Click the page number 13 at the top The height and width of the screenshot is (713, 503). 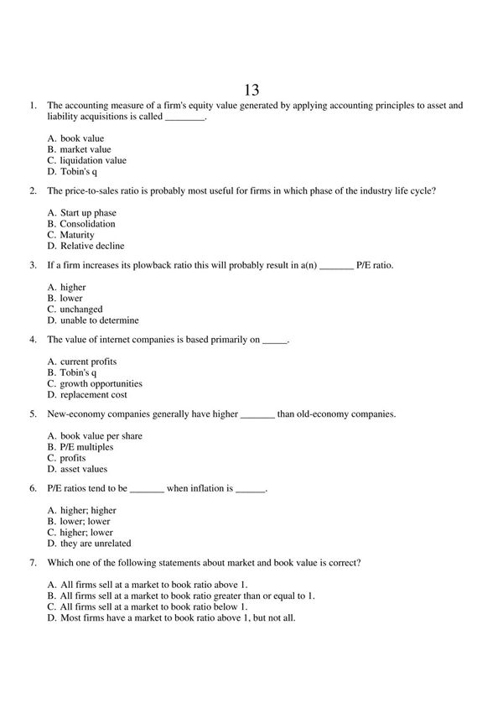click(x=251, y=90)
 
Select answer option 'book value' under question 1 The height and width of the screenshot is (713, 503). click(x=82, y=138)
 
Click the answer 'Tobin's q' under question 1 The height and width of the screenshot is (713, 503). click(x=79, y=171)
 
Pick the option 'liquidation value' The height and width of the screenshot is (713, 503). click(x=93, y=160)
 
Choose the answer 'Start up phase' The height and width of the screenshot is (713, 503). click(x=88, y=213)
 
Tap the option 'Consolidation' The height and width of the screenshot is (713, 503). click(x=88, y=224)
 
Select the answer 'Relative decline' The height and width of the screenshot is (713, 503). click(x=91, y=246)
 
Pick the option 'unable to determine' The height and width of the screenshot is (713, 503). click(x=99, y=320)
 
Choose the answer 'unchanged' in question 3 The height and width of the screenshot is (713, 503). click(x=81, y=310)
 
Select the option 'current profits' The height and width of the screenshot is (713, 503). click(x=88, y=362)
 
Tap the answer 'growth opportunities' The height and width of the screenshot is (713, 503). click(x=101, y=383)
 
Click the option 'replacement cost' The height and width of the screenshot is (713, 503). click(x=93, y=394)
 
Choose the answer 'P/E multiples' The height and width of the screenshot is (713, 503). click(x=86, y=447)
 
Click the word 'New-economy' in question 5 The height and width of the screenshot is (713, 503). click(x=76, y=414)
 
